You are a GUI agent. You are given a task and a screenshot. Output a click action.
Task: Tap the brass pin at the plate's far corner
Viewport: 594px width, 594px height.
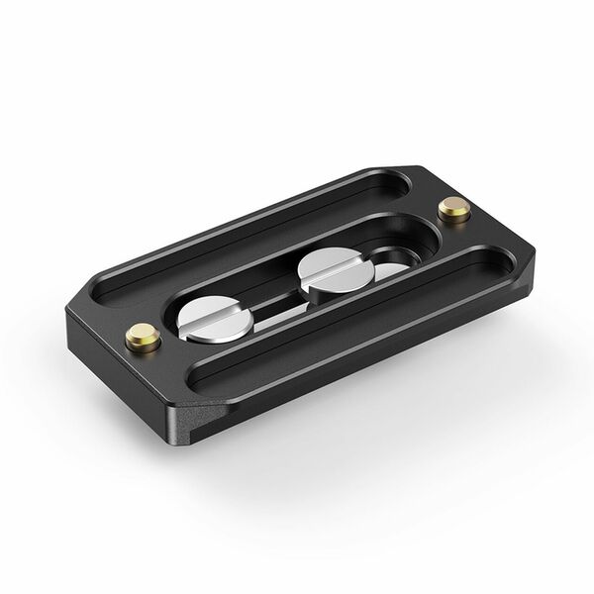[453, 207]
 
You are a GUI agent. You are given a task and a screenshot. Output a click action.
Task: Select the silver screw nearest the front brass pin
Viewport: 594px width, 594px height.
[216, 320]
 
